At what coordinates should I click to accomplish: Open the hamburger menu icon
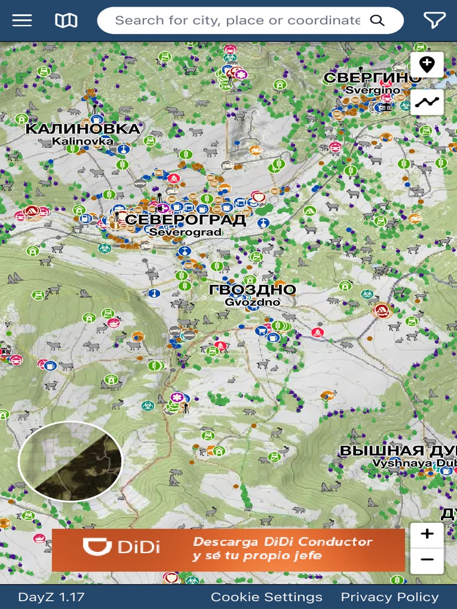(x=22, y=20)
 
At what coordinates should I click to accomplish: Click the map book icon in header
(x=66, y=20)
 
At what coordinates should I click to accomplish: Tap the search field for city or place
(x=237, y=20)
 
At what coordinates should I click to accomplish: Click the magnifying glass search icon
(x=377, y=20)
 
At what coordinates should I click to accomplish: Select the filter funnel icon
(x=434, y=20)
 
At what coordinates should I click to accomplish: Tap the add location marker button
(x=427, y=64)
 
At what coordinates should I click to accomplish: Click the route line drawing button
(x=427, y=102)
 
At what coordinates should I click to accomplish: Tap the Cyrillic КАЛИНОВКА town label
(x=83, y=128)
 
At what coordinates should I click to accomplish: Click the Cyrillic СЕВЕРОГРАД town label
(x=186, y=220)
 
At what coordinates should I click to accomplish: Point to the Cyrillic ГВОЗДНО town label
(x=252, y=290)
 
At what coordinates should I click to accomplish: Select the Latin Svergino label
(x=373, y=90)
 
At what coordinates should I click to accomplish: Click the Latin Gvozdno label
(x=252, y=302)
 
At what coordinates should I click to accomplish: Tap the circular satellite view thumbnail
(x=70, y=462)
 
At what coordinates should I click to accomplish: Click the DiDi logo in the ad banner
(x=121, y=547)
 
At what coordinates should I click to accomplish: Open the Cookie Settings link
(x=266, y=597)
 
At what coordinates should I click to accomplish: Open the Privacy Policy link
(x=389, y=597)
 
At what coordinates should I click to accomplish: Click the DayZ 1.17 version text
(x=51, y=597)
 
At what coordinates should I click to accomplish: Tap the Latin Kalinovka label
(x=83, y=141)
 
